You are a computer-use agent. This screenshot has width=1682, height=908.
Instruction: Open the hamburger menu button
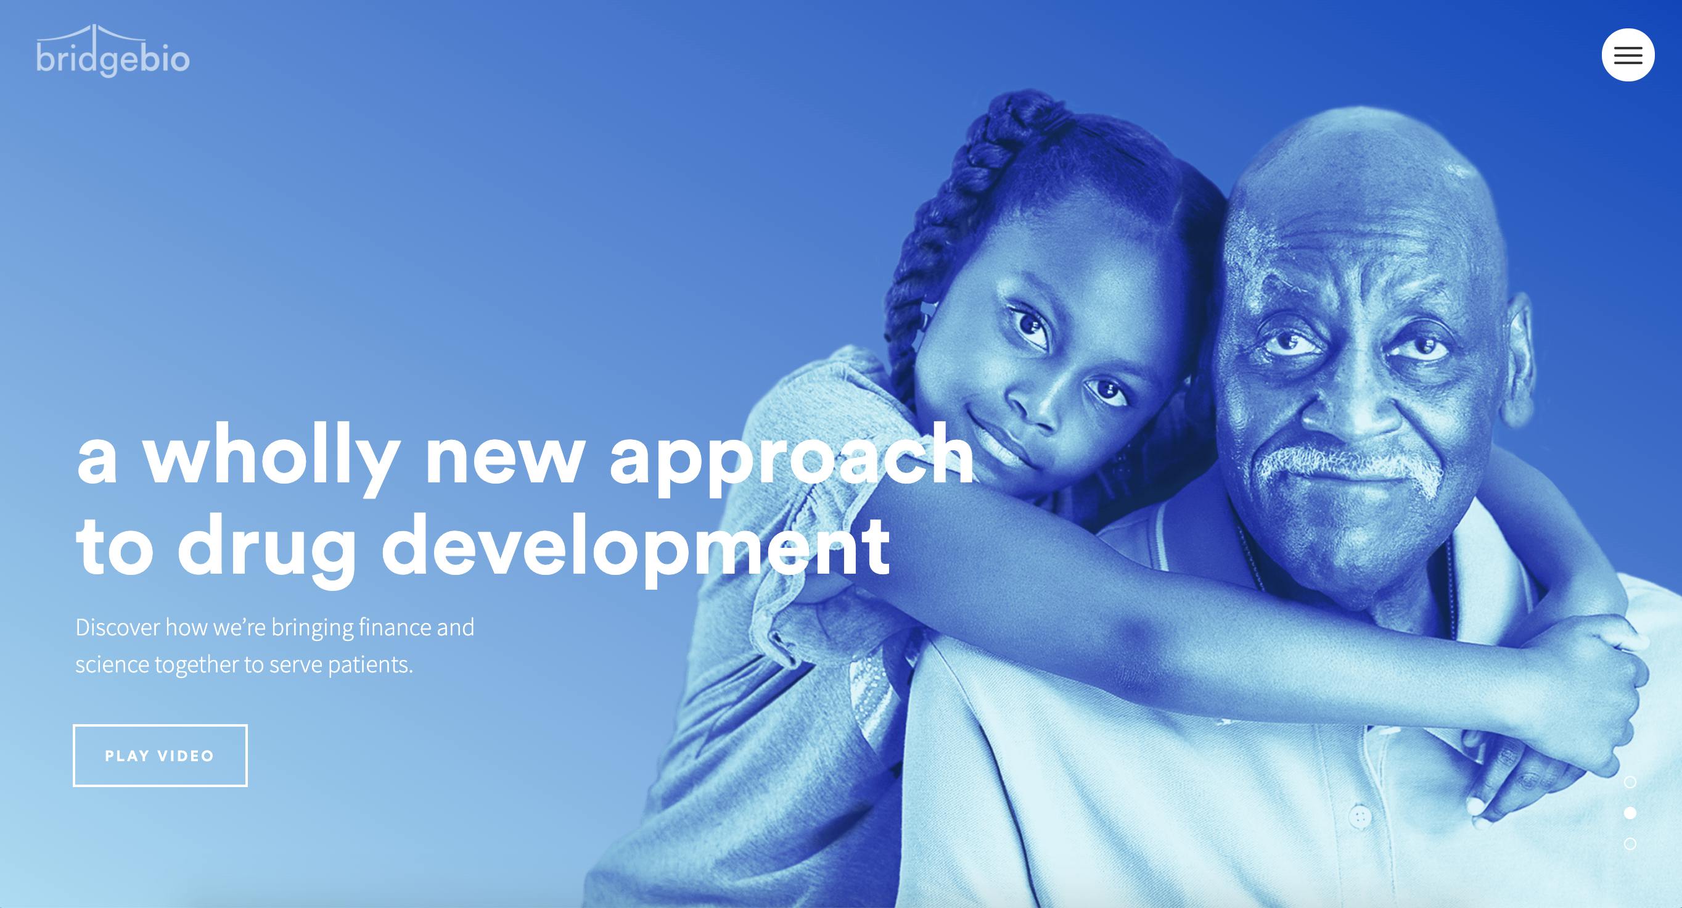pyautogui.click(x=1628, y=55)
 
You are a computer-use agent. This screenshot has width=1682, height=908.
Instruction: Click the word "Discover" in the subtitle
pyautogui.click(x=118, y=628)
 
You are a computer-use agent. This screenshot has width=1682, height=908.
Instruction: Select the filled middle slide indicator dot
pyautogui.click(x=1630, y=813)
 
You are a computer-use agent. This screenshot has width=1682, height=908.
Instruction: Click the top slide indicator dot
pyautogui.click(x=1630, y=782)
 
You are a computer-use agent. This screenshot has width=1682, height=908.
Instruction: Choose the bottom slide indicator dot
pyautogui.click(x=1630, y=844)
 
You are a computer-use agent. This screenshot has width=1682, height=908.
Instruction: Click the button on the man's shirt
pyautogui.click(x=1360, y=815)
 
